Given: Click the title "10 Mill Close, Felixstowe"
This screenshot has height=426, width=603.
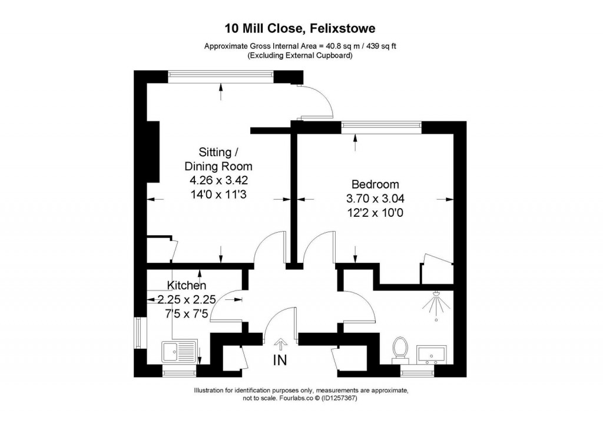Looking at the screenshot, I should tap(301, 28).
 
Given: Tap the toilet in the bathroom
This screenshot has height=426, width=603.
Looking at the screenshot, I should tap(401, 348).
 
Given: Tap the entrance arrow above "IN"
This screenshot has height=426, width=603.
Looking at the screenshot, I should tap(280, 342).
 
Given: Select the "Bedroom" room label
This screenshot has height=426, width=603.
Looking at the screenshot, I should tap(375, 184).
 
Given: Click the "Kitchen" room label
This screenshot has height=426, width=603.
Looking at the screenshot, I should tap(186, 286).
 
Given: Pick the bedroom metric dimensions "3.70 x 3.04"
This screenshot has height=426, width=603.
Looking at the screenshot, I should tap(375, 199).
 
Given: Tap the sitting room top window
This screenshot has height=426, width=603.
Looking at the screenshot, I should tap(220, 74).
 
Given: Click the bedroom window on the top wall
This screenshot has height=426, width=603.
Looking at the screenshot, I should tap(381, 124).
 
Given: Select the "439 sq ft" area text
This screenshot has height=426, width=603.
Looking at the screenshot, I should tap(378, 47).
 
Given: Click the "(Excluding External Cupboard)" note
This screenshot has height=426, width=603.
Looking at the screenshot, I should tap(301, 56).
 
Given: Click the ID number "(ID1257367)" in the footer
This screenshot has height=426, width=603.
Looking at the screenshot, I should tap(336, 398).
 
